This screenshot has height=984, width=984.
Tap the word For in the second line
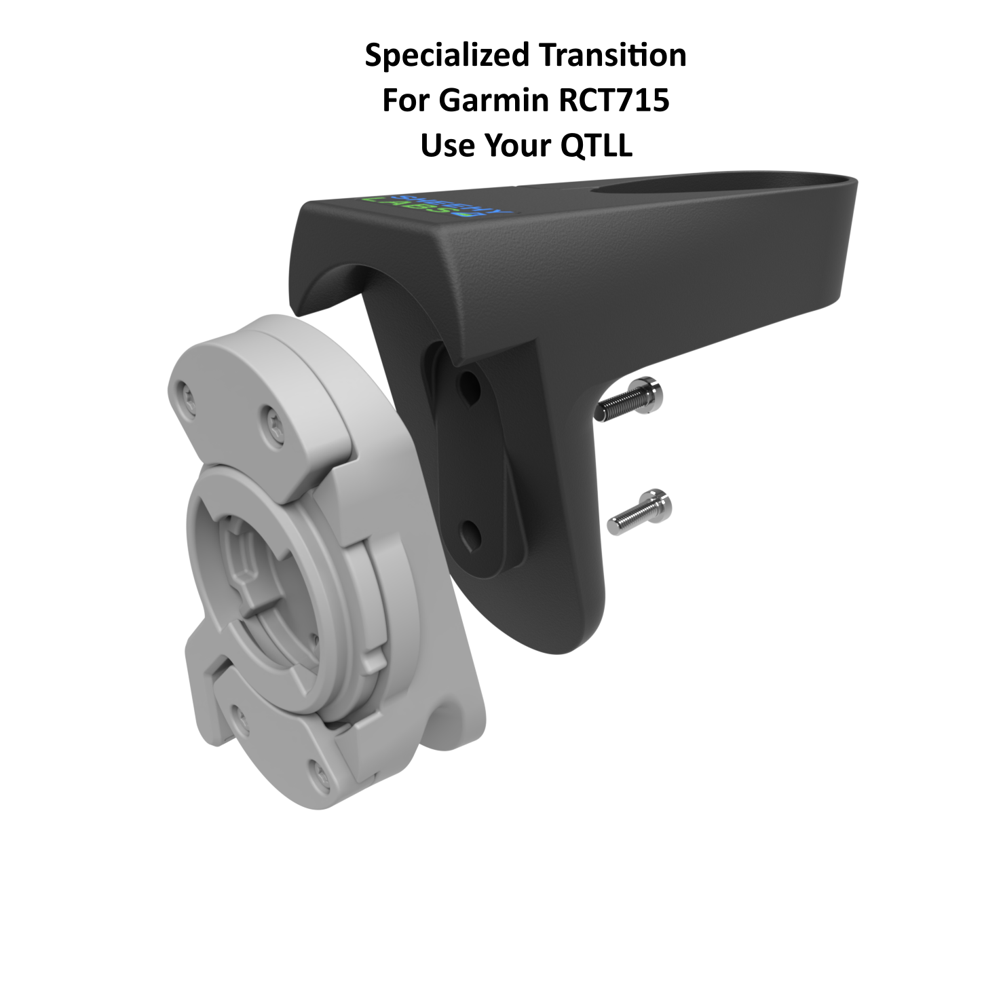click(x=406, y=101)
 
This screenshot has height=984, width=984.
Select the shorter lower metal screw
click(x=639, y=512)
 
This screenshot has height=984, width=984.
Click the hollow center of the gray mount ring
click(x=271, y=577)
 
